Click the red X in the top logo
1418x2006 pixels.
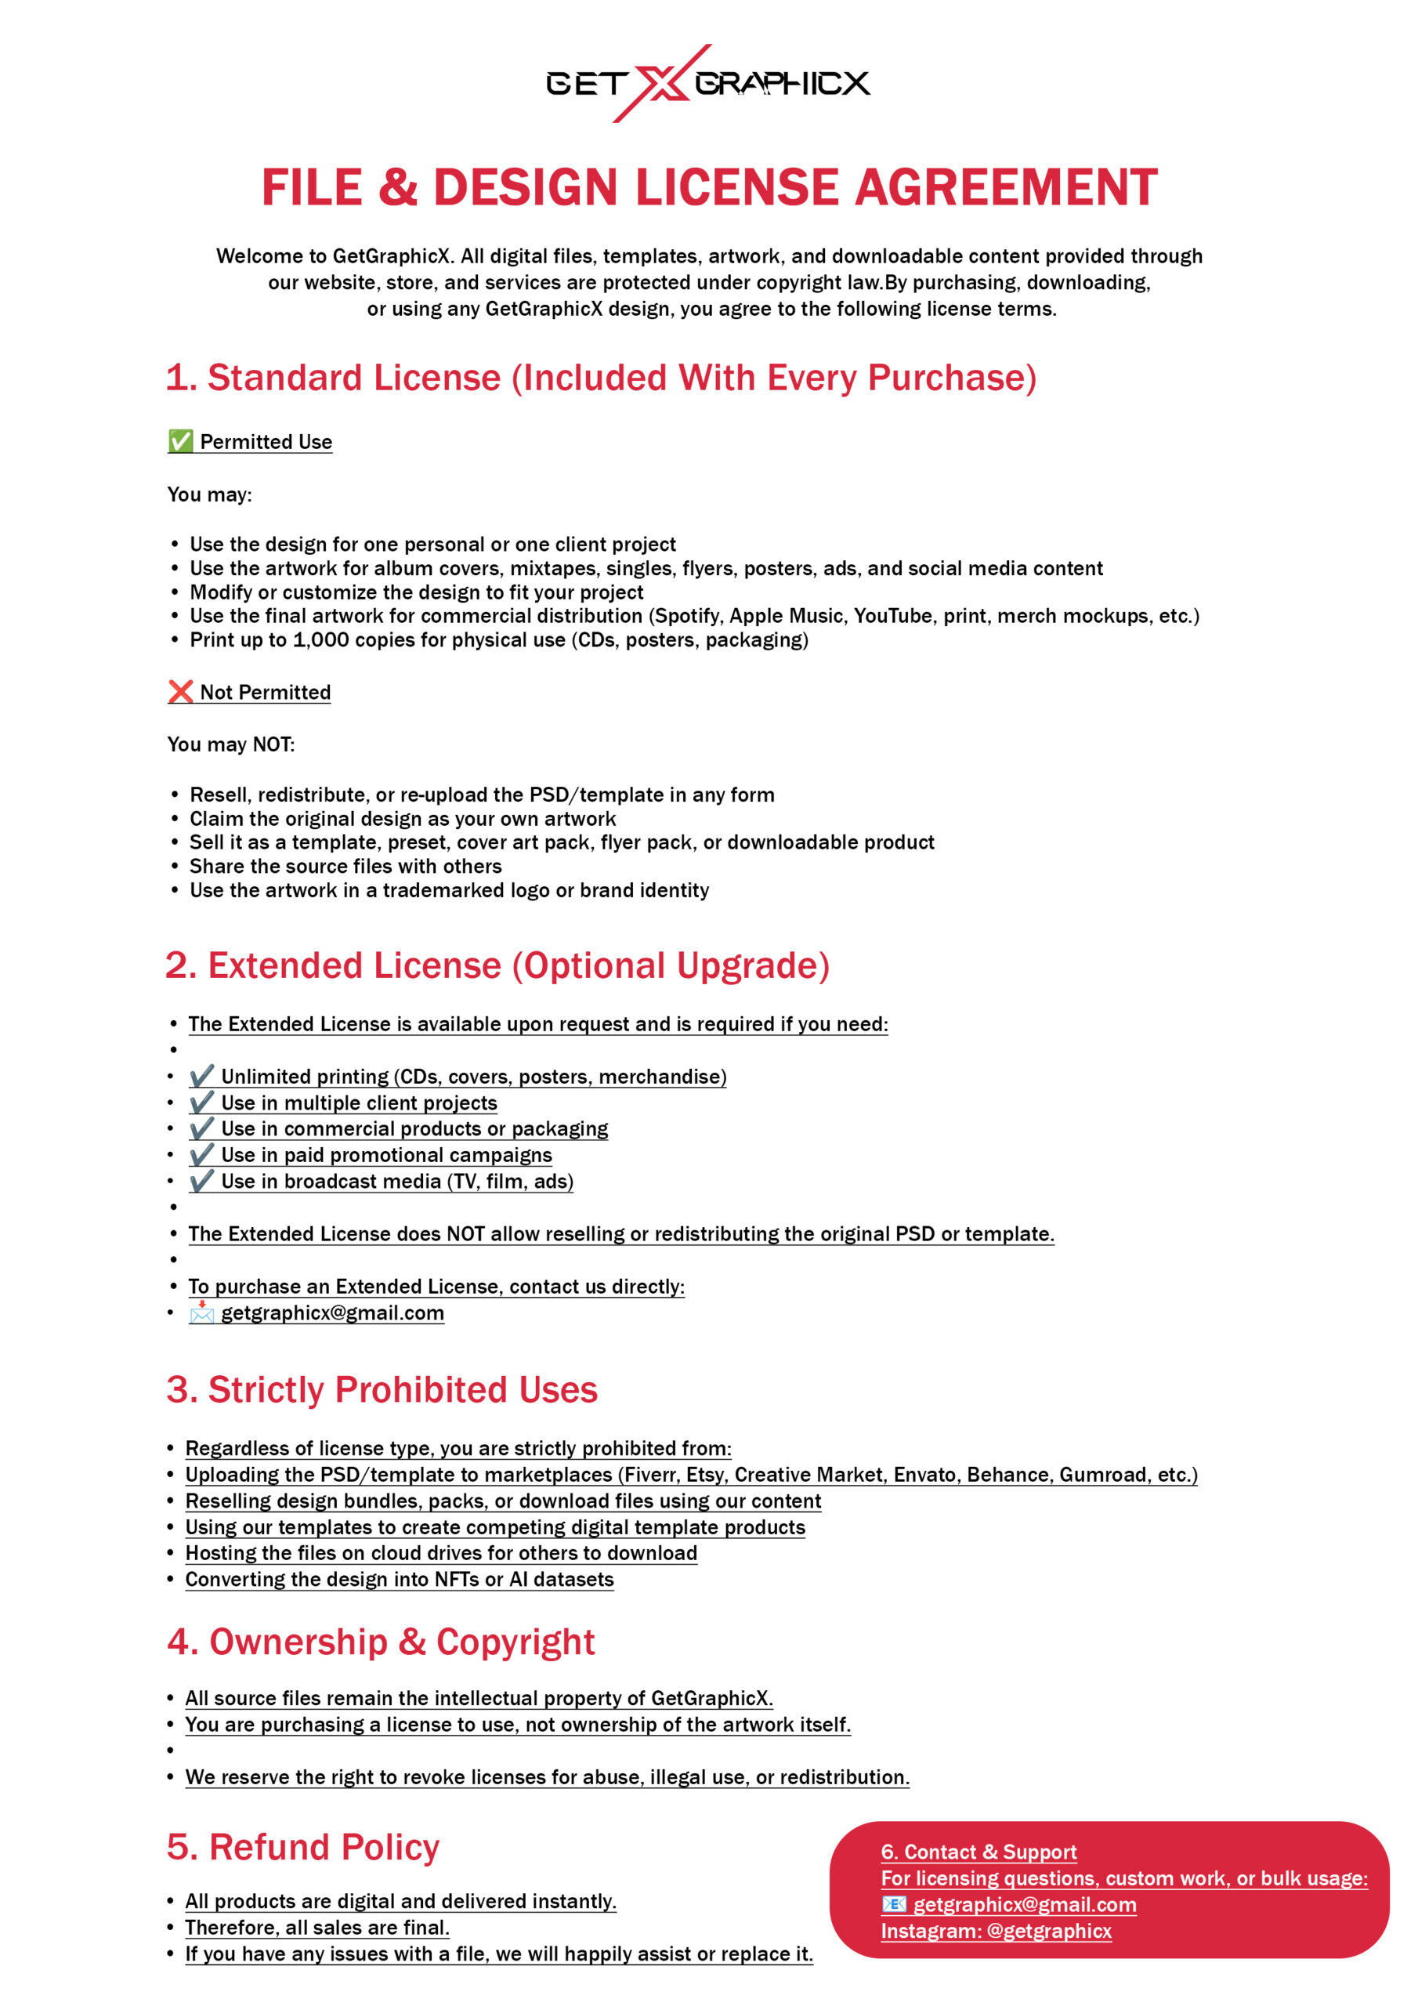tap(661, 84)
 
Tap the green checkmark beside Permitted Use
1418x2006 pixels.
tap(180, 441)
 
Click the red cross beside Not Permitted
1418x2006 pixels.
tap(180, 692)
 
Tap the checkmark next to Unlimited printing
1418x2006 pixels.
tap(202, 1076)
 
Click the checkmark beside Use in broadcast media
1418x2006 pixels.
tap(202, 1180)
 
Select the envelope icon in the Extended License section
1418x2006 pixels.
tap(202, 1313)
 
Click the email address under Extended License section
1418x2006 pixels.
tap(332, 1313)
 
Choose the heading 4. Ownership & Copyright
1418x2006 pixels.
tap(381, 1642)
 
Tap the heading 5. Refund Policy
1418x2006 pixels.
tap(303, 1848)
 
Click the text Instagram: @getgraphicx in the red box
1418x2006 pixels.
tap(996, 1931)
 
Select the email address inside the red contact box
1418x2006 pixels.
tap(1024, 1905)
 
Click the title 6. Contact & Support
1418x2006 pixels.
tap(978, 1852)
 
